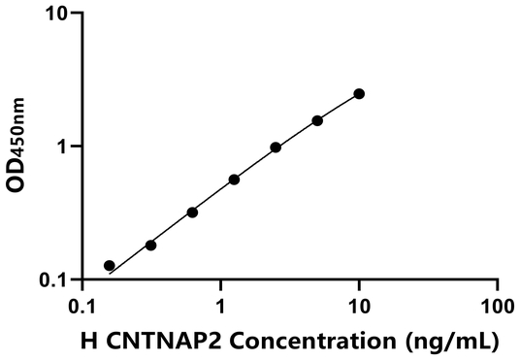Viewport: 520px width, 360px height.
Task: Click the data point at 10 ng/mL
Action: coord(359,94)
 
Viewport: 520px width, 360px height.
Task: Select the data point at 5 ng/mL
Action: coord(317,120)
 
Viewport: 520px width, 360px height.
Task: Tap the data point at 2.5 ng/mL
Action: coord(276,147)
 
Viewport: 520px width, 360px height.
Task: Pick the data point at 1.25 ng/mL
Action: coord(234,180)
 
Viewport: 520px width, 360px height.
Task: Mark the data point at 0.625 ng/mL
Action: coord(192,212)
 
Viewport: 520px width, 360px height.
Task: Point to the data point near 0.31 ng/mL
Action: coord(150,245)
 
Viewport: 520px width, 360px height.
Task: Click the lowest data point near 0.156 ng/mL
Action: coord(110,265)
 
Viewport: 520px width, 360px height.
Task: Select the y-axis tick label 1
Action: coord(64,147)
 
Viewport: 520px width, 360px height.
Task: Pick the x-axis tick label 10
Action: coord(359,305)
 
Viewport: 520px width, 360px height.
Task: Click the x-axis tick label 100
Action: coord(497,305)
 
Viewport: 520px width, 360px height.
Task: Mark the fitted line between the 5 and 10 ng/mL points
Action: coord(339,107)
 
